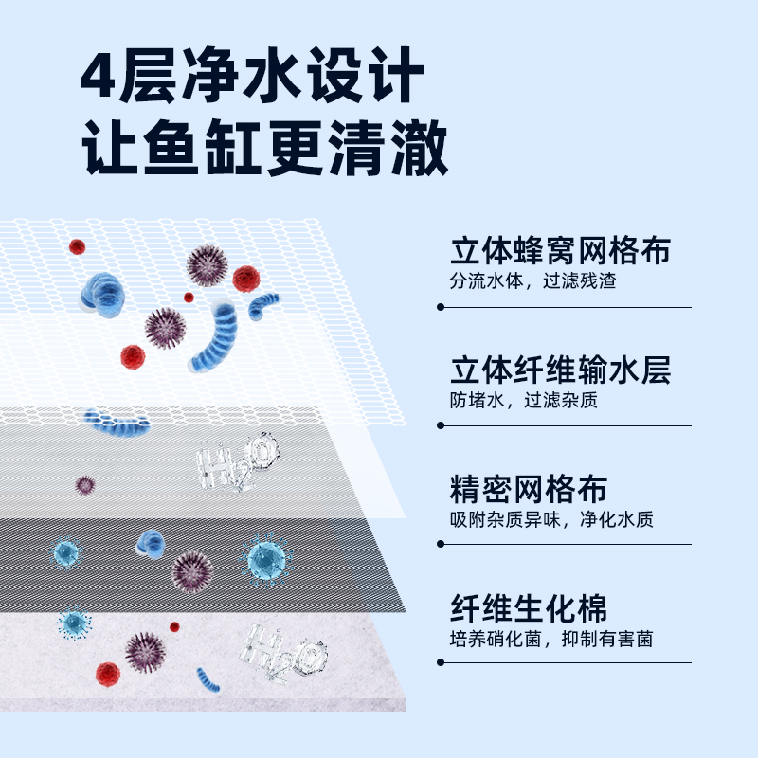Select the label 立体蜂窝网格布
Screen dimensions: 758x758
click(560, 251)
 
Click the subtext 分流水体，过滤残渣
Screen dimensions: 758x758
click(532, 281)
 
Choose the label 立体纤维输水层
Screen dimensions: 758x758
click(560, 370)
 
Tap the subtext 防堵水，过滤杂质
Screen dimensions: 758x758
click(523, 400)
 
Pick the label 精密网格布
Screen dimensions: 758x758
click(528, 489)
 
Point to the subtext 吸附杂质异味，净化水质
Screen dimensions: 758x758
click(551, 519)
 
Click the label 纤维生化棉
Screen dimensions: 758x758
click(528, 607)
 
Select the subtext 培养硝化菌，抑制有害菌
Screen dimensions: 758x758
click(551, 638)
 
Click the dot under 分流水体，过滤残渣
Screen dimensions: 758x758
click(441, 307)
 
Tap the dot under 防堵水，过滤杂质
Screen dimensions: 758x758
click(441, 425)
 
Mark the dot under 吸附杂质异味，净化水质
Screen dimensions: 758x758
click(441, 544)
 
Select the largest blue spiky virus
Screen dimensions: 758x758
click(265, 559)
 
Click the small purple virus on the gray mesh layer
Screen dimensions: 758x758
click(85, 484)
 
